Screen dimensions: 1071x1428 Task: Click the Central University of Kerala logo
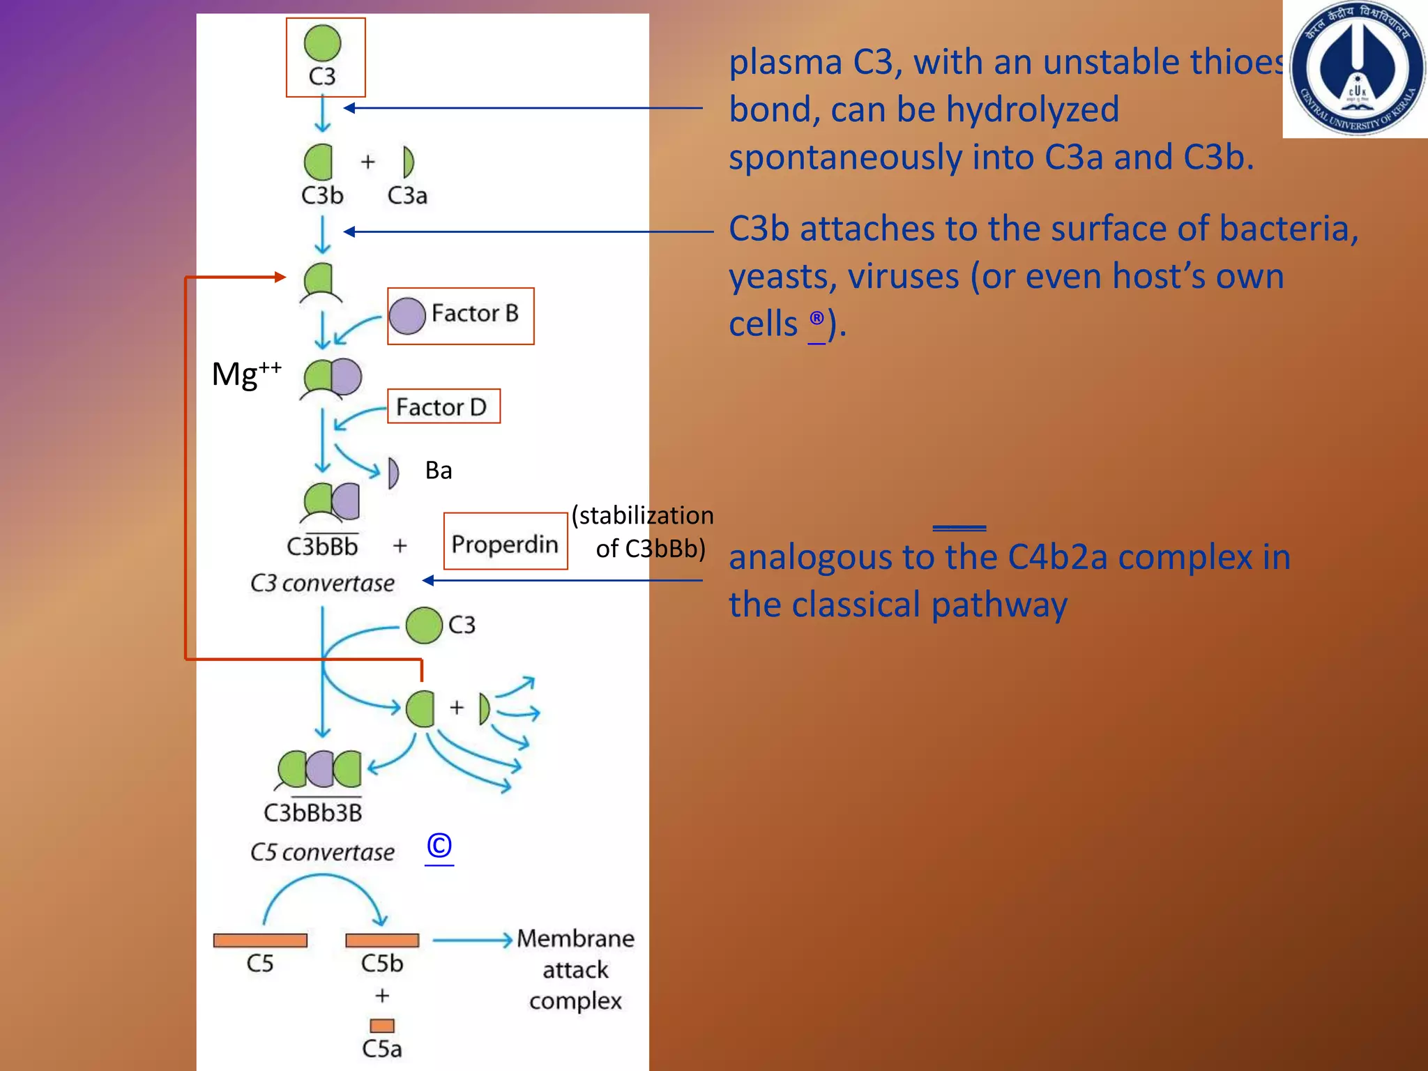tap(1355, 69)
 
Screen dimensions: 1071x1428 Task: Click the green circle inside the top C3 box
tap(322, 43)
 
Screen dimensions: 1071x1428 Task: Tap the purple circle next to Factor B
tap(407, 316)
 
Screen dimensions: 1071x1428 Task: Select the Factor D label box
tap(443, 407)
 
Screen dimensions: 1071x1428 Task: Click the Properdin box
tap(506, 542)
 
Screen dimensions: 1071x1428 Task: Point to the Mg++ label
tap(246, 374)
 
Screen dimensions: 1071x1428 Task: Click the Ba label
tap(439, 471)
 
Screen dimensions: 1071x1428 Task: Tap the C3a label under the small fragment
tap(407, 195)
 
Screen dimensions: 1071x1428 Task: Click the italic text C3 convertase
tap(322, 583)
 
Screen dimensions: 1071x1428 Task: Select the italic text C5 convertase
tap(322, 852)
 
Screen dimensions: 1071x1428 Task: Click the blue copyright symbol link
tap(439, 846)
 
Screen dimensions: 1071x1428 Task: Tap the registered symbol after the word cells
tap(816, 319)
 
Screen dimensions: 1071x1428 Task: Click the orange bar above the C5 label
tap(260, 940)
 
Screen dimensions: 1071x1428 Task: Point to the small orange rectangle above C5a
tap(382, 1026)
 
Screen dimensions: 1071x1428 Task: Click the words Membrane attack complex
tap(575, 970)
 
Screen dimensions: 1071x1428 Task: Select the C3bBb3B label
tap(313, 813)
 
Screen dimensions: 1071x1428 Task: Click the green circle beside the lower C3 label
tap(424, 625)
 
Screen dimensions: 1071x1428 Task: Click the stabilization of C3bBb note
tap(643, 532)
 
